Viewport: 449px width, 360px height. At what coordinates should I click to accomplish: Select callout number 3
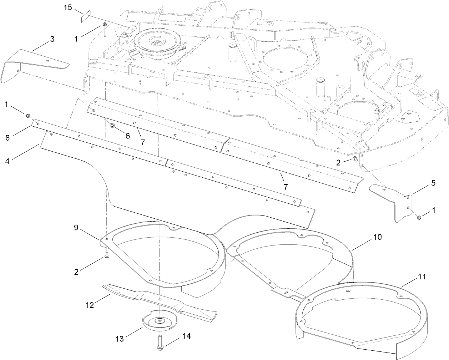52,39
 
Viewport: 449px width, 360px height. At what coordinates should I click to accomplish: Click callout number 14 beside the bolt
187,336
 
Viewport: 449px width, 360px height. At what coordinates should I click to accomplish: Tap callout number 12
90,305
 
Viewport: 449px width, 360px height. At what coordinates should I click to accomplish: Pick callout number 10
378,237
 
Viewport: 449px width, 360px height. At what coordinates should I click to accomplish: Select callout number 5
433,183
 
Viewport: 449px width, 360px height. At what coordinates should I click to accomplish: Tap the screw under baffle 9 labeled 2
106,255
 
